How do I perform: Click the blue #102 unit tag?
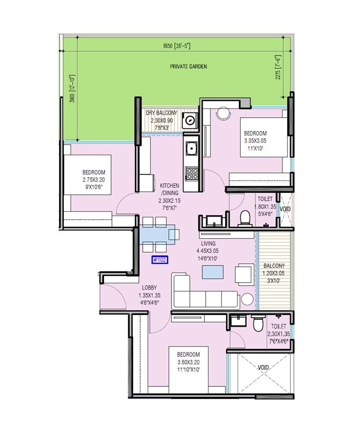159,260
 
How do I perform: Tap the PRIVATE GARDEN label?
189,67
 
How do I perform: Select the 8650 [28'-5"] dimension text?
176,46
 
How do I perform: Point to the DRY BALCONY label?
162,113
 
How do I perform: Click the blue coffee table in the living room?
212,272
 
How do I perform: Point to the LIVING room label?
208,243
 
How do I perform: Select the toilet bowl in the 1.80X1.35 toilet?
245,218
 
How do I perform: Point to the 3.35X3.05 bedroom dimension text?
256,141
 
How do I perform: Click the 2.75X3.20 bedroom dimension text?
94,179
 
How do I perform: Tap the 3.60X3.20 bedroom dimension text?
189,362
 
